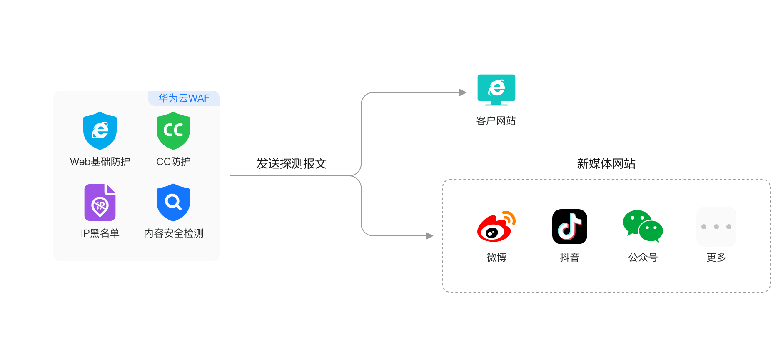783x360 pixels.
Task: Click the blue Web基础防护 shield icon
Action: coord(100,131)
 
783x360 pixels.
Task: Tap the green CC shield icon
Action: coord(173,131)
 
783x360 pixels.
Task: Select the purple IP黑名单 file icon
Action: coord(100,202)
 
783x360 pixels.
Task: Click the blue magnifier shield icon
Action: coord(173,202)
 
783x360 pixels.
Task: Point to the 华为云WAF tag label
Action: coord(184,98)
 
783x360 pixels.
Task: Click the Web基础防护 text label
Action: coord(100,162)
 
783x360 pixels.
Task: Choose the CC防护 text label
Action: coord(173,162)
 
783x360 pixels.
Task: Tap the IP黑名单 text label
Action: coord(100,233)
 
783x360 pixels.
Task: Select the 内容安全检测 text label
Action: coord(173,233)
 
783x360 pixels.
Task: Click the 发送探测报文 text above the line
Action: coord(291,164)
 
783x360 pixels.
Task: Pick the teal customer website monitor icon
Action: coord(496,90)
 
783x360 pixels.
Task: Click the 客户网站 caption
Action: coord(496,121)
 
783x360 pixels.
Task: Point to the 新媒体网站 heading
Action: coord(606,164)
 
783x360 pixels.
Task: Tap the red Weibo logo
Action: coord(496,227)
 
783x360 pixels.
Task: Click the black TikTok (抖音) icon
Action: coord(569,227)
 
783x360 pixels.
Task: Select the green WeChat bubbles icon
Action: coord(643,227)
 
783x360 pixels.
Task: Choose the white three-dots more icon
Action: coord(716,227)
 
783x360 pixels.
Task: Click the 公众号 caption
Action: coord(643,257)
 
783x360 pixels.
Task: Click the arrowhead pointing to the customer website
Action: coord(463,92)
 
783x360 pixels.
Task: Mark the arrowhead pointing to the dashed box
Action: coord(430,236)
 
